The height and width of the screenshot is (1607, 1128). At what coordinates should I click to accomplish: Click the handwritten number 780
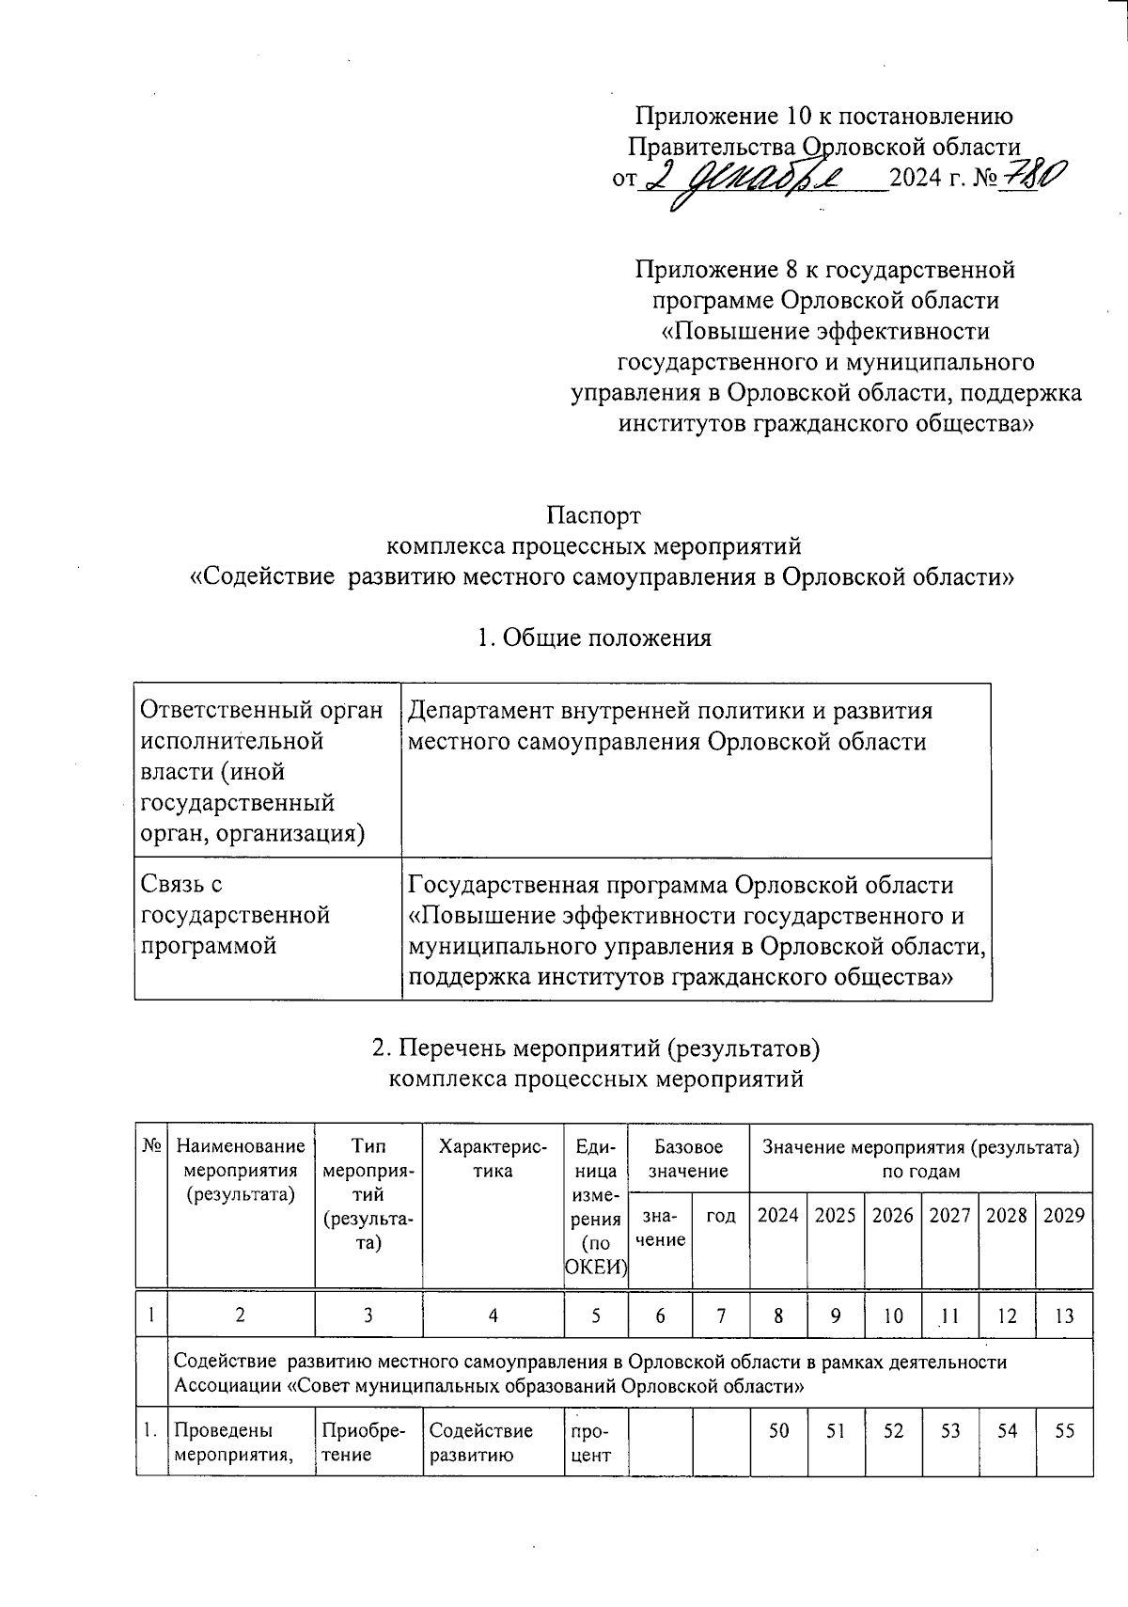[1032, 176]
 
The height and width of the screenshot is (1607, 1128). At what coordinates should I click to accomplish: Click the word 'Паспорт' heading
[593, 515]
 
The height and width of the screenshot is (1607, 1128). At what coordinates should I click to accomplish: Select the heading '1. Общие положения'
[593, 638]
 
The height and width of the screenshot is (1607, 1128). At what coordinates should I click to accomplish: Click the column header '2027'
[949, 1215]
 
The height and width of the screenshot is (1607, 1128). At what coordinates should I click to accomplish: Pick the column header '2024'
[778, 1215]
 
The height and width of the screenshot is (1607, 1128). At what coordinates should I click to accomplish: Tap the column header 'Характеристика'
[493, 1158]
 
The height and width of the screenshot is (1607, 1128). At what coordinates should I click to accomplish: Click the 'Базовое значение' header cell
[688, 1158]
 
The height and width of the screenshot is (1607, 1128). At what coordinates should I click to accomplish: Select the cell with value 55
[1064, 1430]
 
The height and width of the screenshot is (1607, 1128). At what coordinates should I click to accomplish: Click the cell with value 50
[778, 1430]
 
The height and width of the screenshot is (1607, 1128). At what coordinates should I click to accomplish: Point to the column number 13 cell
[1064, 1316]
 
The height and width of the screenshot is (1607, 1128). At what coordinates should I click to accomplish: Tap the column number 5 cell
[596, 1316]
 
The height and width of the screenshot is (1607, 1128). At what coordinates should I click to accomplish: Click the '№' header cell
[151, 1146]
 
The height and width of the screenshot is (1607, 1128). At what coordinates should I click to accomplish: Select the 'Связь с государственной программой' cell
[235, 914]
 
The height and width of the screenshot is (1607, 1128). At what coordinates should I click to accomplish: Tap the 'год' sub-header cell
[720, 1215]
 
